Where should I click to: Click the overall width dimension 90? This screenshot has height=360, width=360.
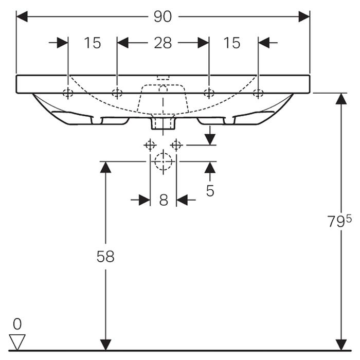[x=163, y=16]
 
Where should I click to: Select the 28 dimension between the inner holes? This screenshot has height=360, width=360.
[x=163, y=43]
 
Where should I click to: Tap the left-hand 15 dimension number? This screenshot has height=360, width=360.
[x=93, y=43]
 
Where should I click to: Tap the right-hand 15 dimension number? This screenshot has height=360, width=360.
[x=232, y=43]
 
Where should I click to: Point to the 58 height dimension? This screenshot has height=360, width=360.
[x=105, y=257]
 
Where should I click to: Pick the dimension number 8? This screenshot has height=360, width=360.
[x=163, y=200]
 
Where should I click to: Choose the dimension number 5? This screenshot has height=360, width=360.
[x=210, y=191]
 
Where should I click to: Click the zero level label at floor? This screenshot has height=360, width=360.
[x=17, y=324]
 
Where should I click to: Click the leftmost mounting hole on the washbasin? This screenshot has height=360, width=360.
[x=67, y=93]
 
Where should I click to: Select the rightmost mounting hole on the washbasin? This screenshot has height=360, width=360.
[x=258, y=93]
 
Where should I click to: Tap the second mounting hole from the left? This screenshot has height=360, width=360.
[x=117, y=93]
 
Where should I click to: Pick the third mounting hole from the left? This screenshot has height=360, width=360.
[x=208, y=93]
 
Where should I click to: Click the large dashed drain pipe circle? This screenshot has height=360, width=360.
[x=163, y=161]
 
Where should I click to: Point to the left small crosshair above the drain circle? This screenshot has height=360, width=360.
[x=150, y=145]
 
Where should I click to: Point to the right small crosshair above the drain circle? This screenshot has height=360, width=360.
[x=176, y=145]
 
